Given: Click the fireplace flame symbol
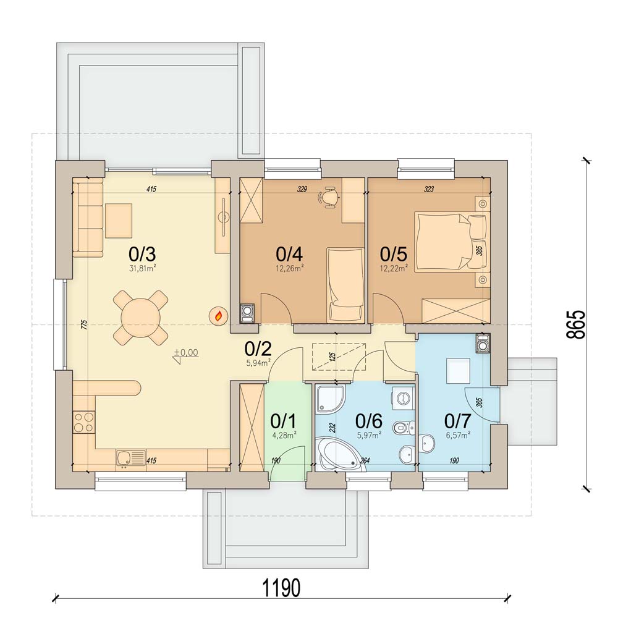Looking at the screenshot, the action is [219, 316].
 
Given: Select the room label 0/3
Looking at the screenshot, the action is [142, 254].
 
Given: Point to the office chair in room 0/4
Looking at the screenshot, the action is [328, 198].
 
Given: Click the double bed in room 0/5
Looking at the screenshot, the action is [451, 242].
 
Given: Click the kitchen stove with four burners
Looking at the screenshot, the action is [84, 423].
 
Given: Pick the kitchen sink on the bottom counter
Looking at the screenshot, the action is [131, 460].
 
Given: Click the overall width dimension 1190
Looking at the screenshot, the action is [281, 588].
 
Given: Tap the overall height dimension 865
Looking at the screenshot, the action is [575, 324].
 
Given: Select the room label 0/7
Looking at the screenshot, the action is [458, 421].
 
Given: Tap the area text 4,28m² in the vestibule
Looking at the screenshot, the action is [284, 435].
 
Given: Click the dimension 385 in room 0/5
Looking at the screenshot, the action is [480, 250].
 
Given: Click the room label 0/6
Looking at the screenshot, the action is [368, 421].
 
